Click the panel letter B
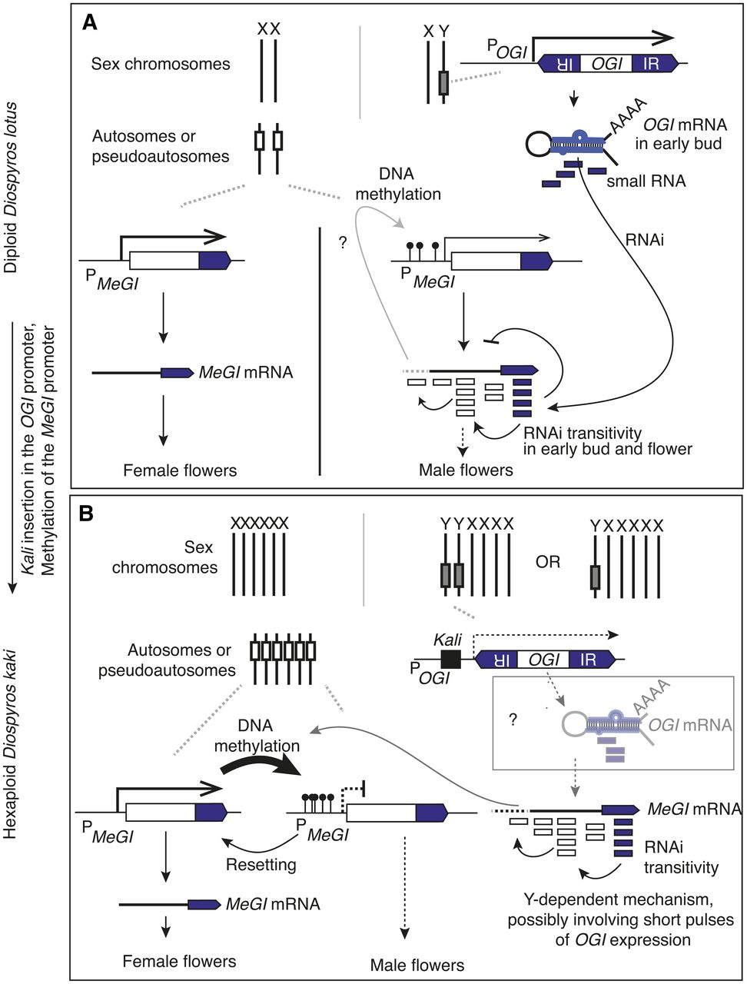[x=86, y=514]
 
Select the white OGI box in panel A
[x=606, y=64]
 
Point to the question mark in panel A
[x=343, y=242]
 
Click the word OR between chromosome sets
[x=548, y=561]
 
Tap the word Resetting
[x=261, y=864]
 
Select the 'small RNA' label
[x=646, y=181]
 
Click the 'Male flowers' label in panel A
[x=466, y=470]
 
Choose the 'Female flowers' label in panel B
[x=179, y=961]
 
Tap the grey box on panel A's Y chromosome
[x=443, y=83]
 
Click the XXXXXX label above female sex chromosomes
[x=260, y=524]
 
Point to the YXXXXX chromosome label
[x=626, y=526]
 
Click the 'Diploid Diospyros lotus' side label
[x=10, y=188]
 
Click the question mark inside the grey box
[x=513, y=720]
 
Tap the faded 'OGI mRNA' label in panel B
[x=690, y=725]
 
